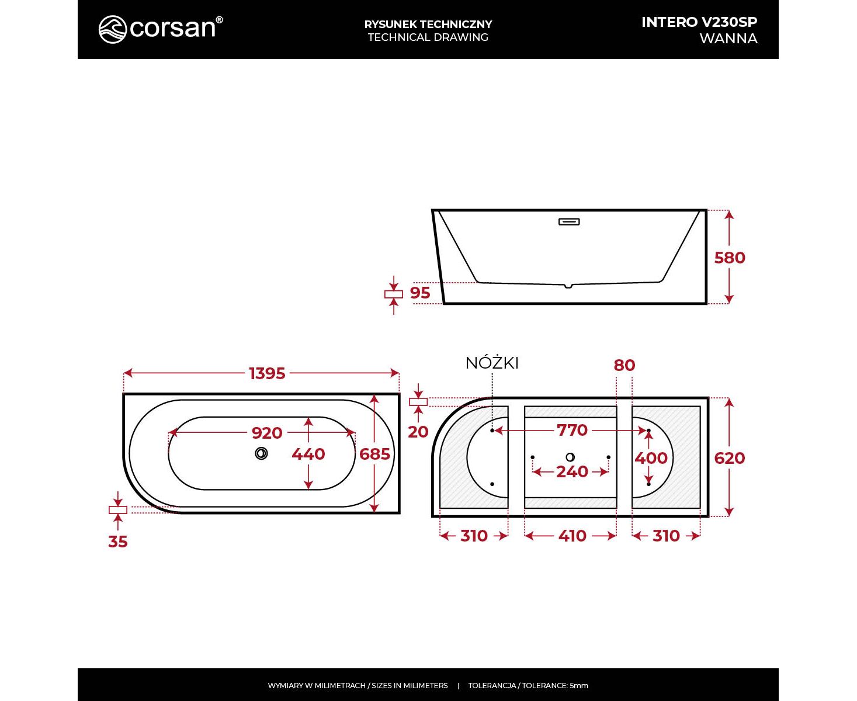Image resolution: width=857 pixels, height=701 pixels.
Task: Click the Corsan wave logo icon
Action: pos(113,29)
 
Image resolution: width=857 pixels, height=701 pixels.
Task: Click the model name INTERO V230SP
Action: pos(699,22)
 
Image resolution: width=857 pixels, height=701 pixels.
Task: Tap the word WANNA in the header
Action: pos(728,39)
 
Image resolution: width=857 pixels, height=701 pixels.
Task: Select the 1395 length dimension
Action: pos(267,373)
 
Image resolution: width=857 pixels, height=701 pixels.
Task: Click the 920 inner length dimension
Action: pos(267,433)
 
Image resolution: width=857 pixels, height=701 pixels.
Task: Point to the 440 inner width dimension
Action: pos(308,454)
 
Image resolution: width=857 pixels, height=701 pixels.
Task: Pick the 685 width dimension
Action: pos(374,454)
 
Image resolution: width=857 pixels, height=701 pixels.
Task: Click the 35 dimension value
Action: pos(118,542)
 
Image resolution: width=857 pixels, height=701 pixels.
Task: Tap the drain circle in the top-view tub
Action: pos(261,453)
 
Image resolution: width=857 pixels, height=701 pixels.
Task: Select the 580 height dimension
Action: pos(730,258)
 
